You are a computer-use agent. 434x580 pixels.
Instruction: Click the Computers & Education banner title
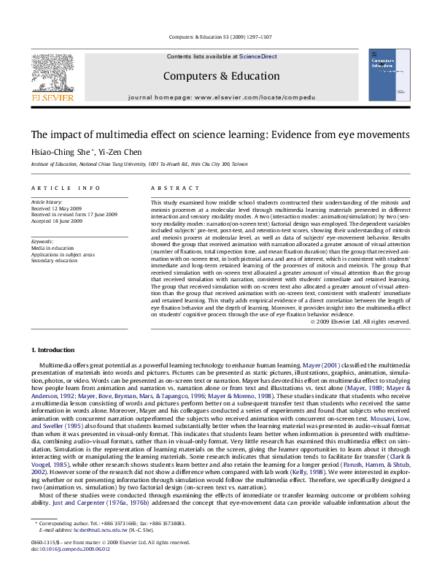[x=220, y=76]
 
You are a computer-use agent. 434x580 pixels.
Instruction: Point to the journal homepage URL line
[x=221, y=96]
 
